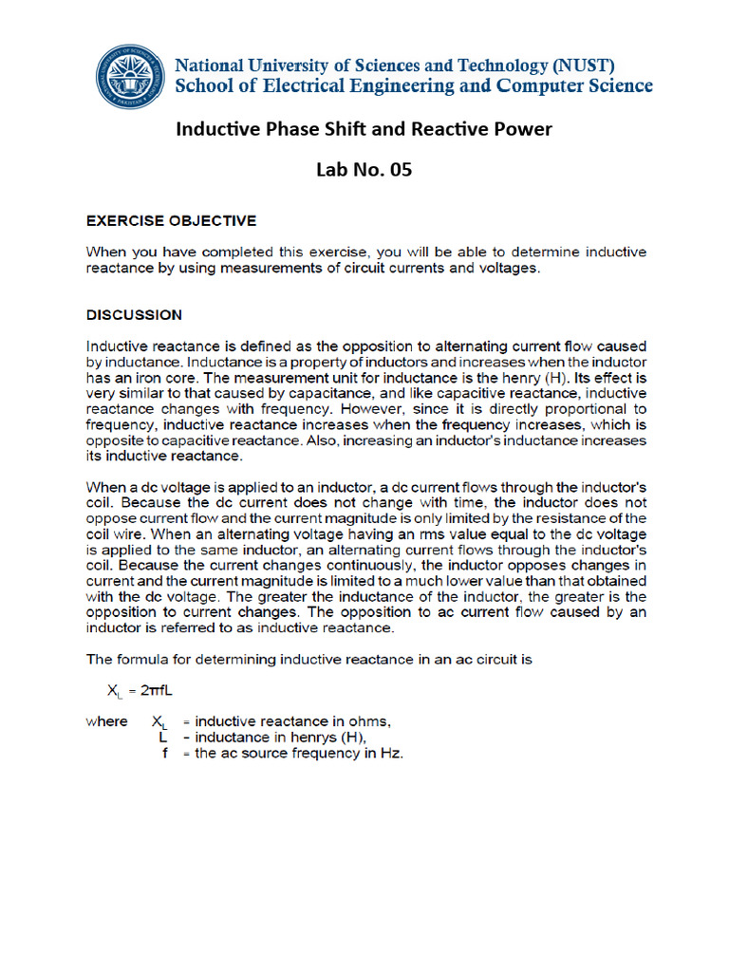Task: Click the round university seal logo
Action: (130, 77)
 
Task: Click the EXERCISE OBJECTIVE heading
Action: (172, 220)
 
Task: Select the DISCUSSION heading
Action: (135, 314)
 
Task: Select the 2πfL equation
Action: (149, 690)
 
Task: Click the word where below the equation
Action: (106, 721)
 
